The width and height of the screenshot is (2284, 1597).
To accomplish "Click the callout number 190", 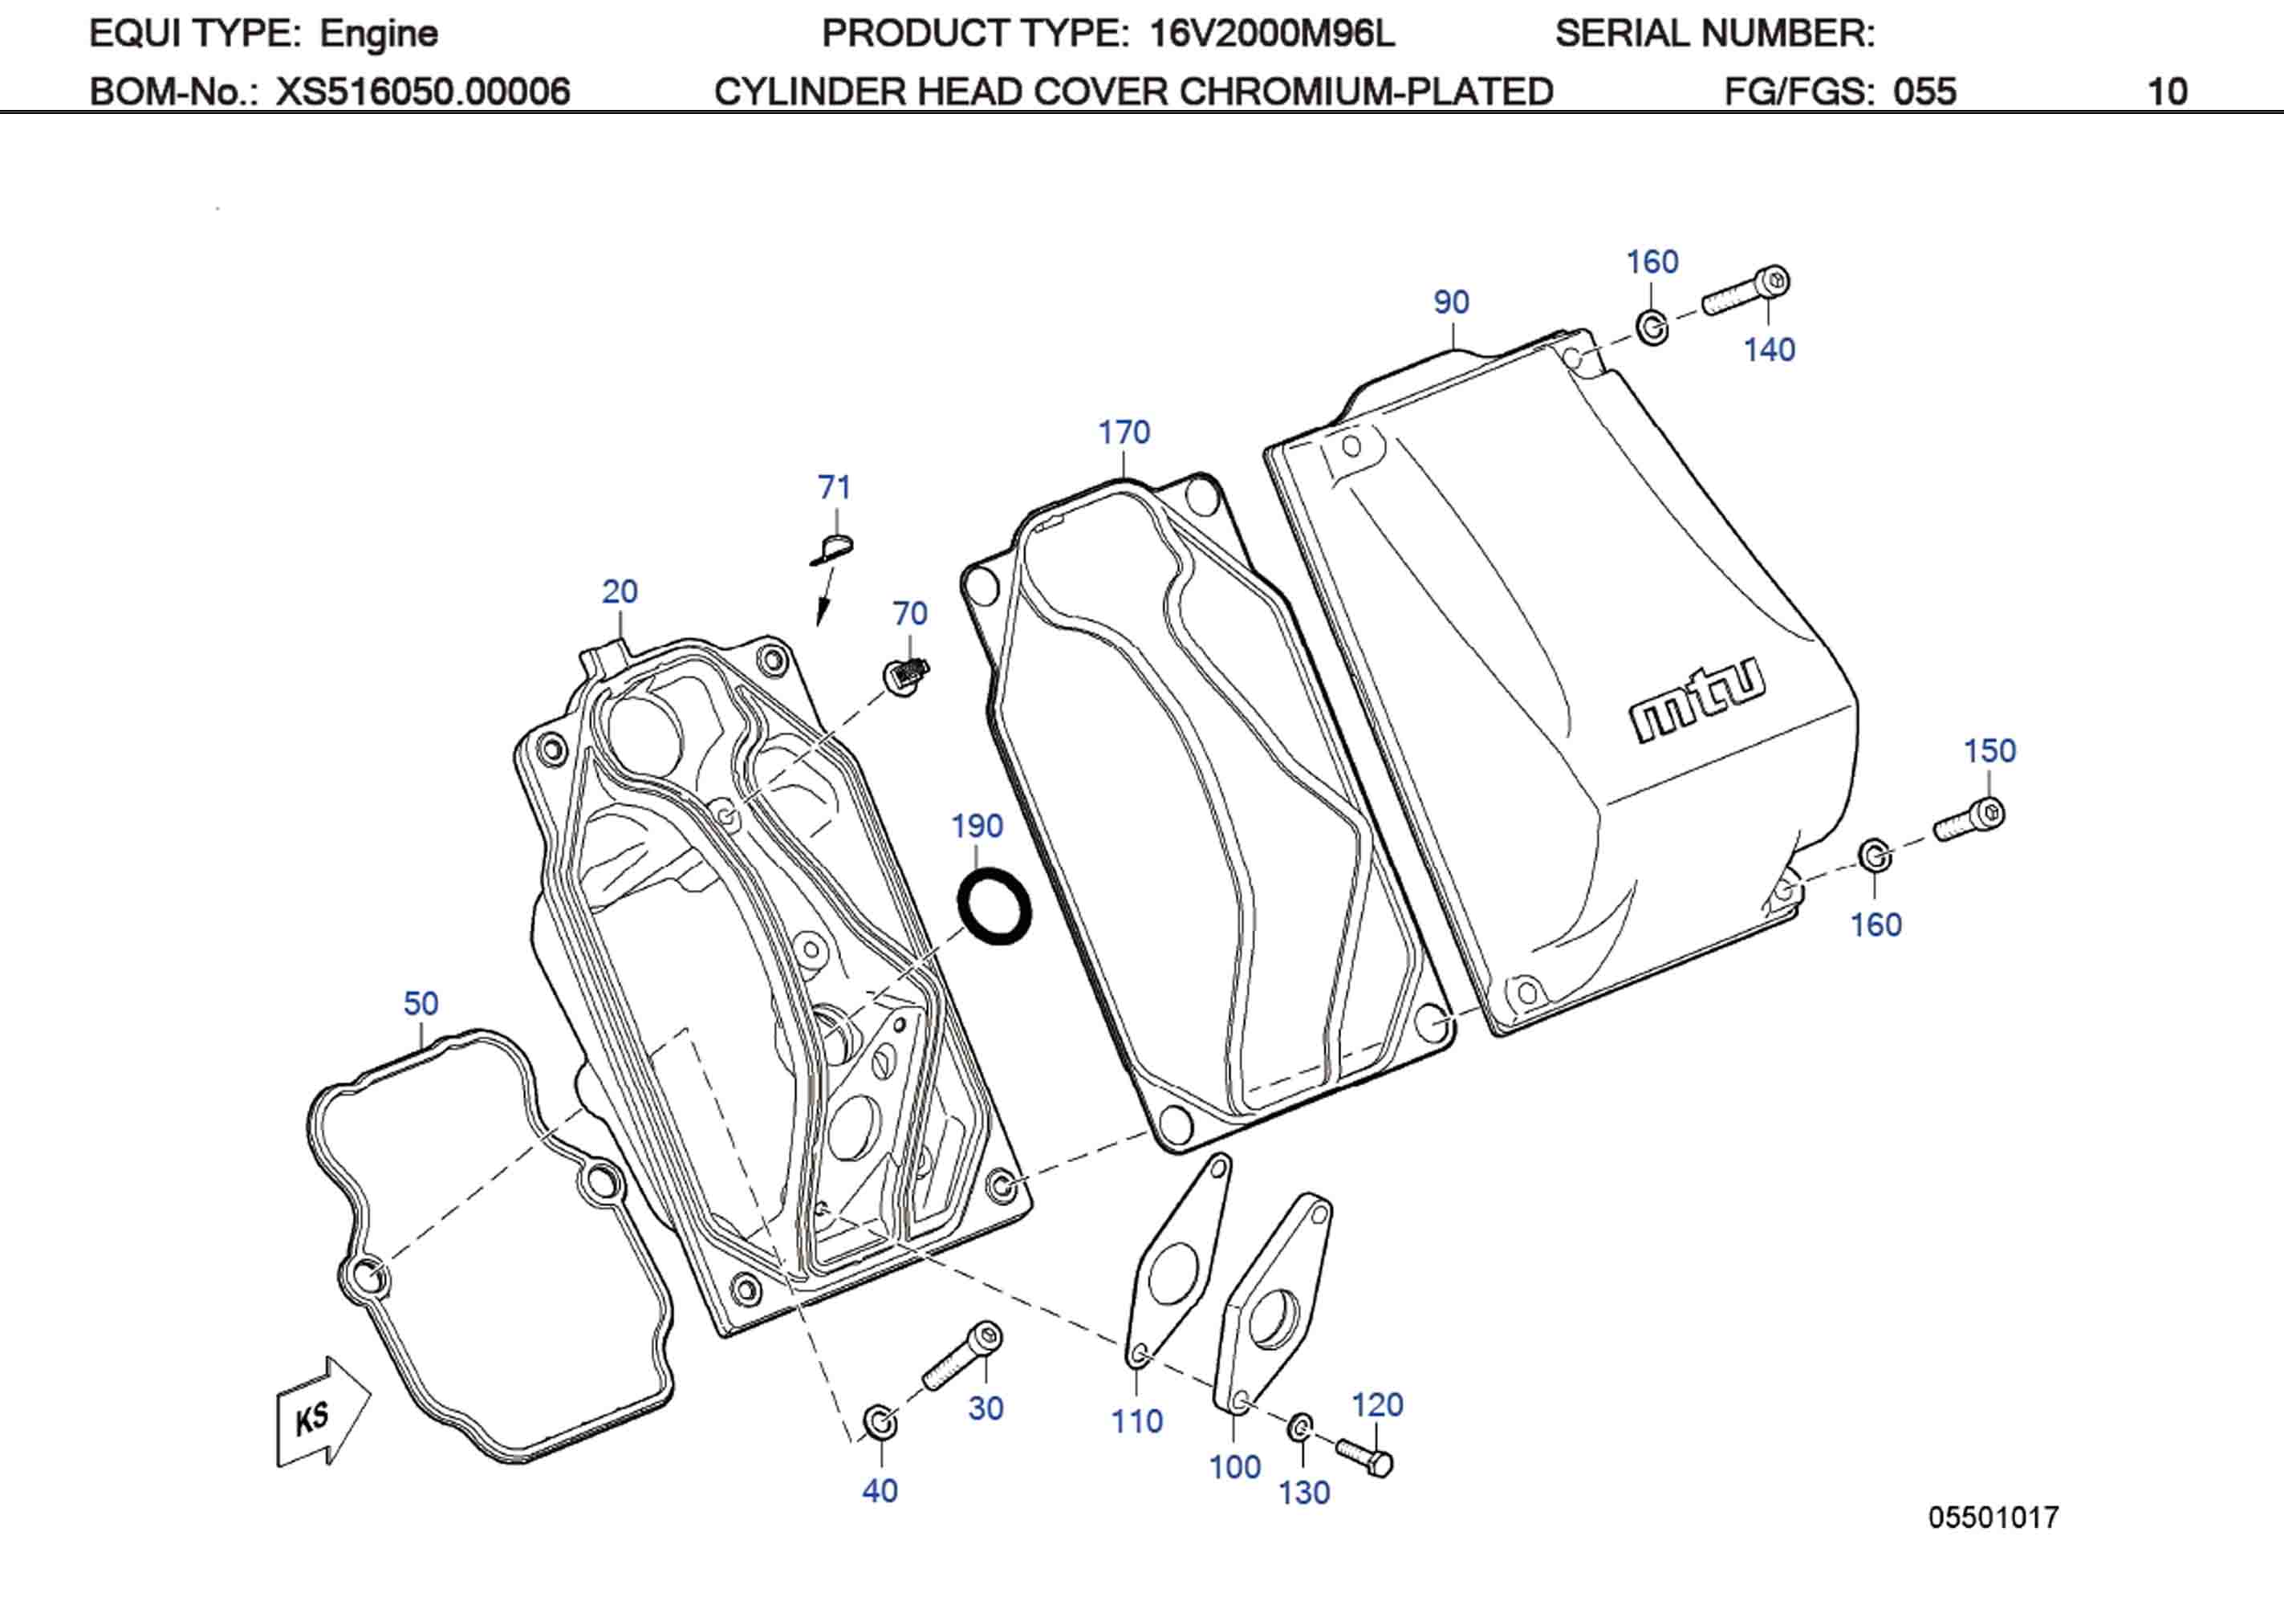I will [x=976, y=826].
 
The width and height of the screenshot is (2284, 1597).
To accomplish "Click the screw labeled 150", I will [x=1969, y=819].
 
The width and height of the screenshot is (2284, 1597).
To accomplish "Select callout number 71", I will [x=834, y=488].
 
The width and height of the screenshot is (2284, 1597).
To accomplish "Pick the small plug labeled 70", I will [x=906, y=676].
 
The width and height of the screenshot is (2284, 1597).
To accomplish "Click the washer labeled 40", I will [x=880, y=1423].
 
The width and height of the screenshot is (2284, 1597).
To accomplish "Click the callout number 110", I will [x=1136, y=1421].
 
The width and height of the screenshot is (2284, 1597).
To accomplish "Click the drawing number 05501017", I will [x=1993, y=1518].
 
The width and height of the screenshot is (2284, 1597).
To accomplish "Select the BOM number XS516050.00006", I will [x=423, y=91].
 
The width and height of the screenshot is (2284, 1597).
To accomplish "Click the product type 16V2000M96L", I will [x=1271, y=34].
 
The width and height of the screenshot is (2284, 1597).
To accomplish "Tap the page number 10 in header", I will [x=2167, y=91].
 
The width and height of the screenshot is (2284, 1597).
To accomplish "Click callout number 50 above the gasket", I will [x=421, y=1003].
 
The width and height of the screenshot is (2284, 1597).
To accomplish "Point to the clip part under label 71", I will [x=833, y=549].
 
